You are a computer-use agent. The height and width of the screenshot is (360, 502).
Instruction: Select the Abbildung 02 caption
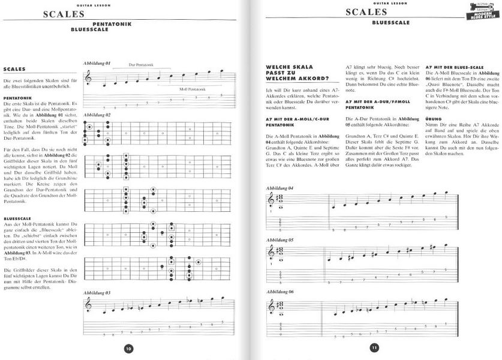point(97,115)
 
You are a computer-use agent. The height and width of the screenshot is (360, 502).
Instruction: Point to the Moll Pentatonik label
point(193,88)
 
